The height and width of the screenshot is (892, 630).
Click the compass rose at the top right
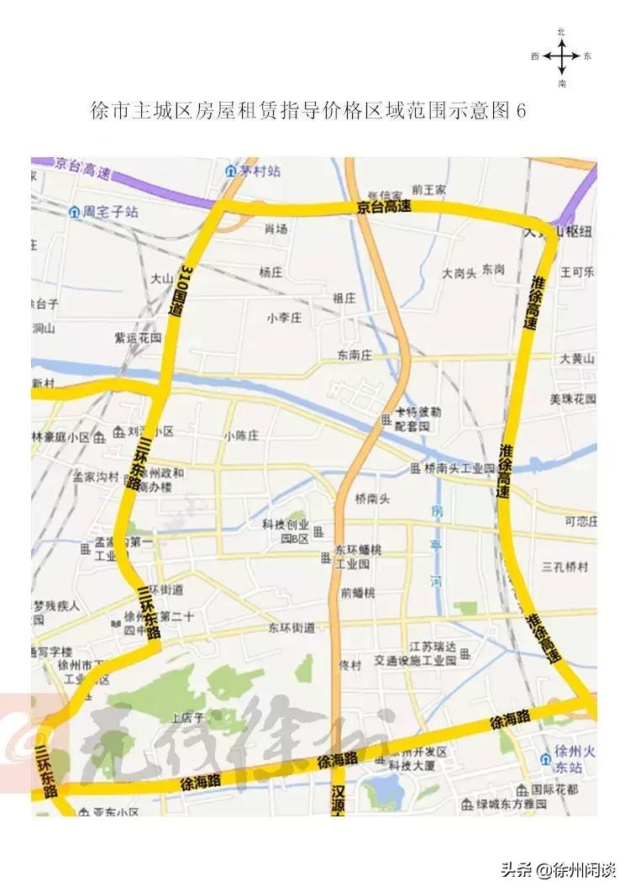pos(561,57)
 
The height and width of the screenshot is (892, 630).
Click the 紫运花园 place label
pos(137,338)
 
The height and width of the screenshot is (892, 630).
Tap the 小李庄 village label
pos(284,318)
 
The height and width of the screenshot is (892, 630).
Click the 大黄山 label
pos(578,359)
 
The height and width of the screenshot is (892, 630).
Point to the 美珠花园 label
pos(573,398)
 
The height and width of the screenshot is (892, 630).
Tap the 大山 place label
pos(161,278)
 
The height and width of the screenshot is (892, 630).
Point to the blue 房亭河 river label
pos(435,546)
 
